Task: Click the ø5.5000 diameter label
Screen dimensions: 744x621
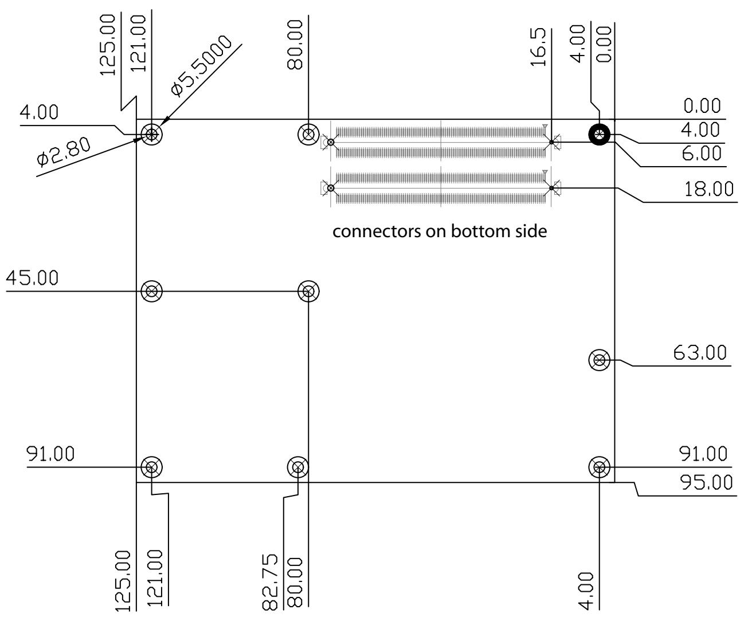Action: (x=201, y=66)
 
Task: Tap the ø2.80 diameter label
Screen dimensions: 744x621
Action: (x=64, y=152)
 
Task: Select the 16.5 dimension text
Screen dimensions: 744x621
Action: (x=538, y=47)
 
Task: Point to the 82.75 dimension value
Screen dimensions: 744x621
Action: (x=270, y=582)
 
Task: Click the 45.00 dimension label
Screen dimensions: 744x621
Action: (x=32, y=278)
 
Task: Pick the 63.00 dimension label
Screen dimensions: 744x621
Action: (x=700, y=353)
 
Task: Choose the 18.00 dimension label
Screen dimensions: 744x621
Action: (x=708, y=189)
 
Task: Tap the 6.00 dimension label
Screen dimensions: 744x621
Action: (x=702, y=154)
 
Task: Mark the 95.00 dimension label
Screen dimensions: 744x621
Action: (x=706, y=482)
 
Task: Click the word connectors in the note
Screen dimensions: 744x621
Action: (x=377, y=232)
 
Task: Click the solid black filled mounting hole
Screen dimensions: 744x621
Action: (x=600, y=135)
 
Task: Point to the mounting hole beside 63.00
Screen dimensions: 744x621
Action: (x=600, y=360)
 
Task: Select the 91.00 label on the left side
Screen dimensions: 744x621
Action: (x=50, y=454)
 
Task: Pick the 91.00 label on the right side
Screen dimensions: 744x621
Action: (x=703, y=454)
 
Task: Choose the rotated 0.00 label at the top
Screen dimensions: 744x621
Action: (x=604, y=44)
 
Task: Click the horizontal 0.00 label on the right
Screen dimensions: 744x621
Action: (x=702, y=106)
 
